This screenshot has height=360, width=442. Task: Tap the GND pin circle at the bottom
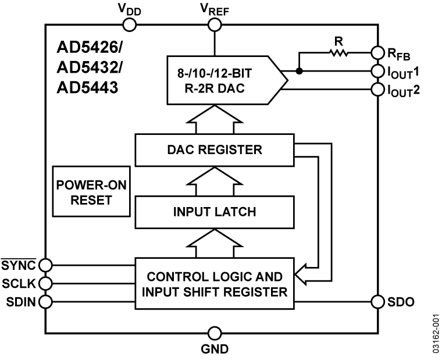(x=215, y=333)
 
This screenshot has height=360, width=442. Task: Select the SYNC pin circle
(x=45, y=265)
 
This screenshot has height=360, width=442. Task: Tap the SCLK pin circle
(x=45, y=283)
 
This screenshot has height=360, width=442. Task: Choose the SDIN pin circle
(x=45, y=302)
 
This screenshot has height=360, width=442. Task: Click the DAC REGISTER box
(x=215, y=149)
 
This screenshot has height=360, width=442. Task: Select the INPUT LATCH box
(x=215, y=211)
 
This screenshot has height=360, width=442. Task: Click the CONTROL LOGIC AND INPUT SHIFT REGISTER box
(x=215, y=283)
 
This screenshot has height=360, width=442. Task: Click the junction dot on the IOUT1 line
(x=299, y=72)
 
